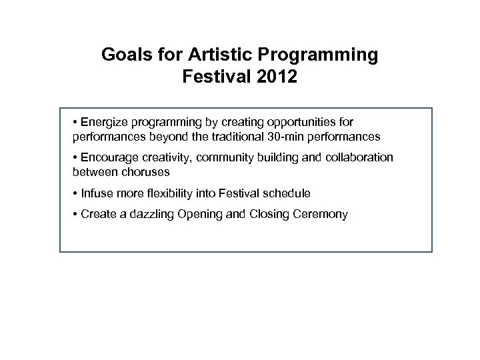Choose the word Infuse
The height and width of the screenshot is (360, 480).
coord(96,193)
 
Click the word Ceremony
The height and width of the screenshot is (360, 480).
coord(319,215)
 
